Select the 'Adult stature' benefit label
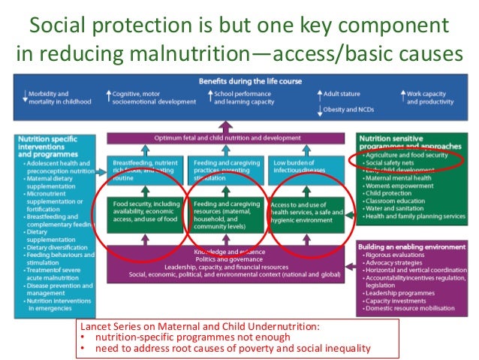click(x=342, y=94)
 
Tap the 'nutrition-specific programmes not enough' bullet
click(x=184, y=337)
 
